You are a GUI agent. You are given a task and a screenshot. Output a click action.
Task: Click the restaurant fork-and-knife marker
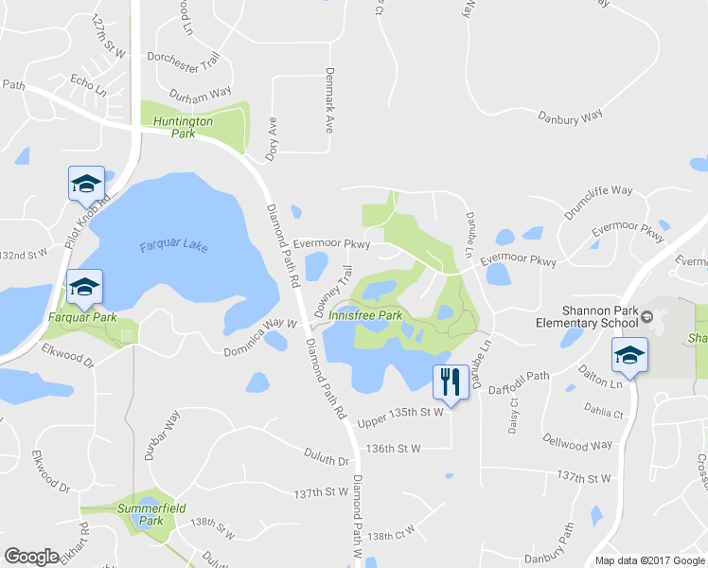pos(448,382)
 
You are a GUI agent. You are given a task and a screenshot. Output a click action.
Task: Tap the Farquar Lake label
pos(173,248)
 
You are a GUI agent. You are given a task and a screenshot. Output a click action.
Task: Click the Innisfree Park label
pos(371,315)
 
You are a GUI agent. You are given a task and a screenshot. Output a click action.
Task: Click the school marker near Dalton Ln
pos(628,355)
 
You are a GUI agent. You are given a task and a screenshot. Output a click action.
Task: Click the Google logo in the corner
pos(31,557)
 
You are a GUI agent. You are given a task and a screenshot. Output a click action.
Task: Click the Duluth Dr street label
pos(327,460)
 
